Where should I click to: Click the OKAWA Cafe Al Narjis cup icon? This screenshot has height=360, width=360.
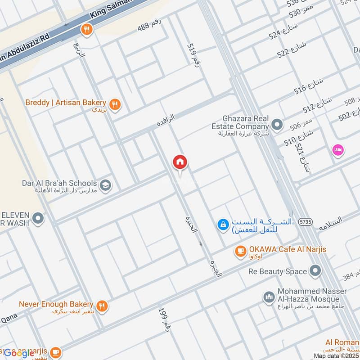click(x=240, y=251)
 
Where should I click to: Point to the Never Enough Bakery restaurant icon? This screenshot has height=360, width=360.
click(x=102, y=306)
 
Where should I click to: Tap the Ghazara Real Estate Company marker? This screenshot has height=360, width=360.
click(x=278, y=124)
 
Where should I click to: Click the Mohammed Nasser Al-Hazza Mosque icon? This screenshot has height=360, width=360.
click(x=269, y=297)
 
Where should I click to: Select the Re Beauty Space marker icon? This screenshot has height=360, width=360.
click(x=315, y=271)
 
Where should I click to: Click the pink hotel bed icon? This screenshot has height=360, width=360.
click(x=337, y=150)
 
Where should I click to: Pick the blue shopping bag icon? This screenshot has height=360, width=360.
click(x=222, y=224)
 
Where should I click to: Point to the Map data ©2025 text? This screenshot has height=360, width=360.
click(x=336, y=355)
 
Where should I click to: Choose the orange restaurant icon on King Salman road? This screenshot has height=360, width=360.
click(x=86, y=30)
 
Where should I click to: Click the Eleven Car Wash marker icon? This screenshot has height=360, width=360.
click(x=39, y=219)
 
